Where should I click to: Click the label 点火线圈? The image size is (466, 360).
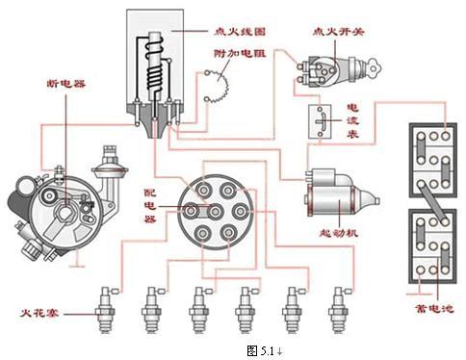pyautogui.click(x=240, y=32)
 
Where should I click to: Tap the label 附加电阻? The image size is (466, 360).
pyautogui.click(x=240, y=53)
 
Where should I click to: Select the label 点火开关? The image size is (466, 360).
pyautogui.click(x=338, y=32)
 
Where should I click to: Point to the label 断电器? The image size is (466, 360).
pyautogui.click(x=66, y=84)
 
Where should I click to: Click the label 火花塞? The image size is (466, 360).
pyautogui.click(x=39, y=313)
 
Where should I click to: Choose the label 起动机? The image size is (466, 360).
pyautogui.click(x=338, y=233)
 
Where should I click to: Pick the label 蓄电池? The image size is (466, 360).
pyautogui.click(x=434, y=309)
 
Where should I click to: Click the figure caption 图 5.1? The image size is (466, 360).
pyautogui.click(x=265, y=351)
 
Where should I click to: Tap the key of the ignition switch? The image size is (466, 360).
pyautogui.click(x=374, y=66)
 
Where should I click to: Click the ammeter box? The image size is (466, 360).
pyautogui.click(x=320, y=121)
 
